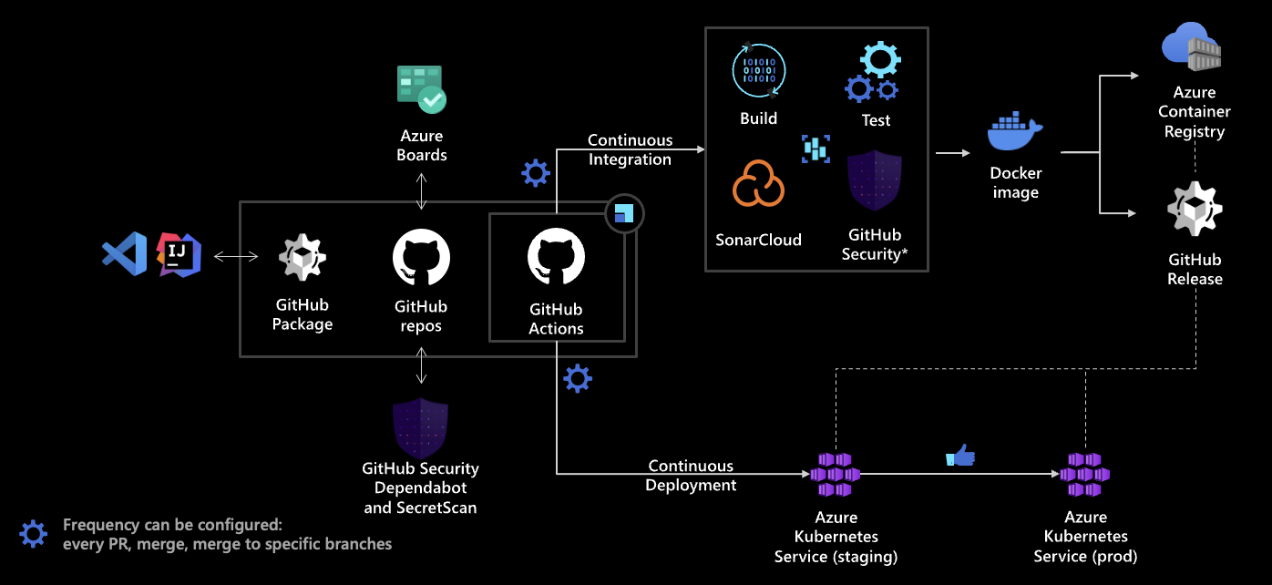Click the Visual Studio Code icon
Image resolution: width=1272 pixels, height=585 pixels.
(125, 254)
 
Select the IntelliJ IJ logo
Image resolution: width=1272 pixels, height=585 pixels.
(180, 254)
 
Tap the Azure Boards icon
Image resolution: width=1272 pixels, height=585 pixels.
(421, 88)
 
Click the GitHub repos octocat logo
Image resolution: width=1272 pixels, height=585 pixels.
(421, 258)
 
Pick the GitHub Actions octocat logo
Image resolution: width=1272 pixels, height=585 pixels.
(556, 258)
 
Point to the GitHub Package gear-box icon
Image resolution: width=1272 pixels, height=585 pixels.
(303, 258)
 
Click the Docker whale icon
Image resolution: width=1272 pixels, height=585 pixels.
(1015, 133)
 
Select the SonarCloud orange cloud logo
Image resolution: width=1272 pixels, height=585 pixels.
(758, 186)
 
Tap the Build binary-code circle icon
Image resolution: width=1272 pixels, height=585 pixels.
(758, 70)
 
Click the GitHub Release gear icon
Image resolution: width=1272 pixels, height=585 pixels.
(1195, 209)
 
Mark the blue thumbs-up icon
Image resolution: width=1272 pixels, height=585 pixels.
(960, 455)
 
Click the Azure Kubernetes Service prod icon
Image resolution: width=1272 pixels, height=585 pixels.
(1085, 475)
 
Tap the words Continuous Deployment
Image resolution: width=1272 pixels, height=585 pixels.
(691, 476)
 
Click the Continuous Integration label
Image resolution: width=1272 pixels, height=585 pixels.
(630, 149)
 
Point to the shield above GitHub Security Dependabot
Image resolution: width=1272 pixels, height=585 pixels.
(420, 428)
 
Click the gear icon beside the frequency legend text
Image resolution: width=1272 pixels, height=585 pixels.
(34, 534)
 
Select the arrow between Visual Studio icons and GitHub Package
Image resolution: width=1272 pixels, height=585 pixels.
(235, 258)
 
